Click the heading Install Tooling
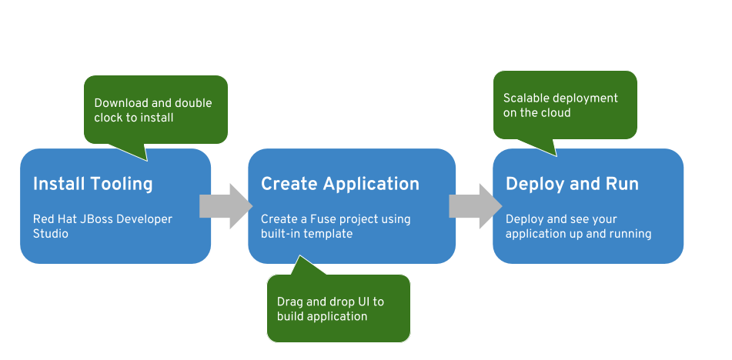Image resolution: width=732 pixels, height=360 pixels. [x=92, y=184]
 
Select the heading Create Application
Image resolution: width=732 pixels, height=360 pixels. [x=339, y=184]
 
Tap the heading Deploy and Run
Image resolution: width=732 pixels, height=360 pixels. [x=572, y=184]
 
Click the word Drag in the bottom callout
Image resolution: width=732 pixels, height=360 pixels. [x=290, y=302]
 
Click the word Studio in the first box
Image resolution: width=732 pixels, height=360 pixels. [x=51, y=233]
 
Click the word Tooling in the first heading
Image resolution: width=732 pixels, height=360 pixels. [x=122, y=184]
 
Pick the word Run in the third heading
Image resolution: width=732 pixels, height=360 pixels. [x=623, y=184]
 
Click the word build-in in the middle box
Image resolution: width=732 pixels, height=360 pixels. [x=281, y=233]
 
